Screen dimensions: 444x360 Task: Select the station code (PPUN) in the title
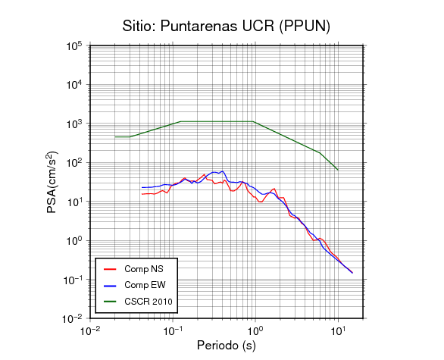pos(305,27)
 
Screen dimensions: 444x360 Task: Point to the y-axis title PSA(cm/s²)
pos(52,183)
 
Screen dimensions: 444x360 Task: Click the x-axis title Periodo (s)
pos(227,346)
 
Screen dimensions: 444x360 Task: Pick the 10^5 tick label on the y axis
pos(74,46)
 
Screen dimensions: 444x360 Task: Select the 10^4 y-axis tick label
pos(74,85)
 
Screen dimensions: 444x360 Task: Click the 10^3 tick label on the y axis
pos(74,124)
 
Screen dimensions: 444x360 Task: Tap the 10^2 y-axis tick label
pos(74,163)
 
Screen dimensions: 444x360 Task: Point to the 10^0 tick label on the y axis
pos(74,241)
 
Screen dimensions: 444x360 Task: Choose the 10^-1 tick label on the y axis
pos(72,280)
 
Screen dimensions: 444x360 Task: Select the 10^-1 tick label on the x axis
pos(173,330)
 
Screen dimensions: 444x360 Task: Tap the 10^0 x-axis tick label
pos(255,330)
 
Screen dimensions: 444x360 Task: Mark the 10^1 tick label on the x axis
pos(338,330)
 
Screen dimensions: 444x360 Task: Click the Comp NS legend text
pos(144,269)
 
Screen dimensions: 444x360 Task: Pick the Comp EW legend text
pos(145,285)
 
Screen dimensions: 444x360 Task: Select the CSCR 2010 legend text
pos(149,302)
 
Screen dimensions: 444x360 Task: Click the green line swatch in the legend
pos(110,302)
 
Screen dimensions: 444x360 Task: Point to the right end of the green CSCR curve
pos(338,170)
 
